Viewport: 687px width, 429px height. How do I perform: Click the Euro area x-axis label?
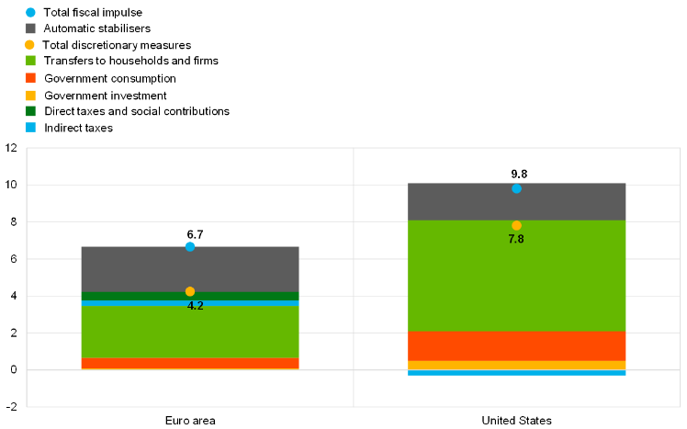(190, 420)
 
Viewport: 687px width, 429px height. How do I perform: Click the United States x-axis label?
(516, 420)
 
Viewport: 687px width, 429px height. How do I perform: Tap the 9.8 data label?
(520, 174)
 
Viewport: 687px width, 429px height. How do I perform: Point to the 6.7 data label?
(195, 234)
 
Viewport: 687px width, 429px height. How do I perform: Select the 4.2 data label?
(195, 306)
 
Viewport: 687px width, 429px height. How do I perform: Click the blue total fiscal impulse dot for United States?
(516, 188)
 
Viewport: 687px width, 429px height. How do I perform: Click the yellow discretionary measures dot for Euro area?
(190, 291)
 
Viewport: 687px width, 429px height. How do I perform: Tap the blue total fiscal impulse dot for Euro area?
(190, 246)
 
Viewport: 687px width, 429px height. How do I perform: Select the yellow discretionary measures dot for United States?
(516, 225)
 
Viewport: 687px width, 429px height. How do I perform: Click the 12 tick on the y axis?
(12, 148)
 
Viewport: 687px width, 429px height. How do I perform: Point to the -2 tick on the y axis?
(10, 407)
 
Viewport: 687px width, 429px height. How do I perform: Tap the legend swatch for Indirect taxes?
(30, 128)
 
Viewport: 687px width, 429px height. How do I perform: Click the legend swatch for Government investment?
(30, 95)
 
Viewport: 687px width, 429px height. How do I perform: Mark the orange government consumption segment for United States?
(516, 345)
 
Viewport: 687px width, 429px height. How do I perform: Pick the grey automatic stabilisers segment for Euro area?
(190, 268)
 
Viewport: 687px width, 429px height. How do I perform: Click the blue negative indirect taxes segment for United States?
(516, 373)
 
